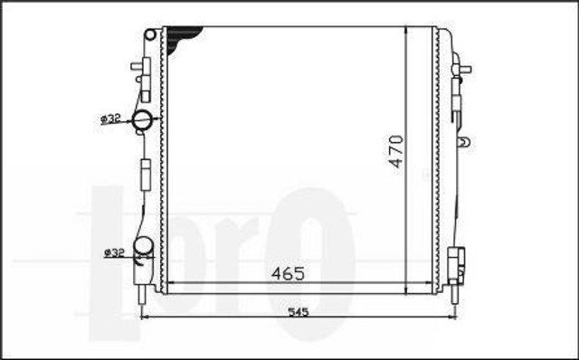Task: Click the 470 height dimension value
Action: (397, 152)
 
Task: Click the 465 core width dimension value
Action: (288, 273)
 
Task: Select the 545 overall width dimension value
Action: (298, 312)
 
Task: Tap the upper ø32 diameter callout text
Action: (110, 118)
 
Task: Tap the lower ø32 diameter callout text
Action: (114, 252)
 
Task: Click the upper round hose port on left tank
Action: (142, 119)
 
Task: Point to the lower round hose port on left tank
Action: (143, 246)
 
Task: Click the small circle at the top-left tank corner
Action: (150, 35)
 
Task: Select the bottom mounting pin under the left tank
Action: (142, 294)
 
